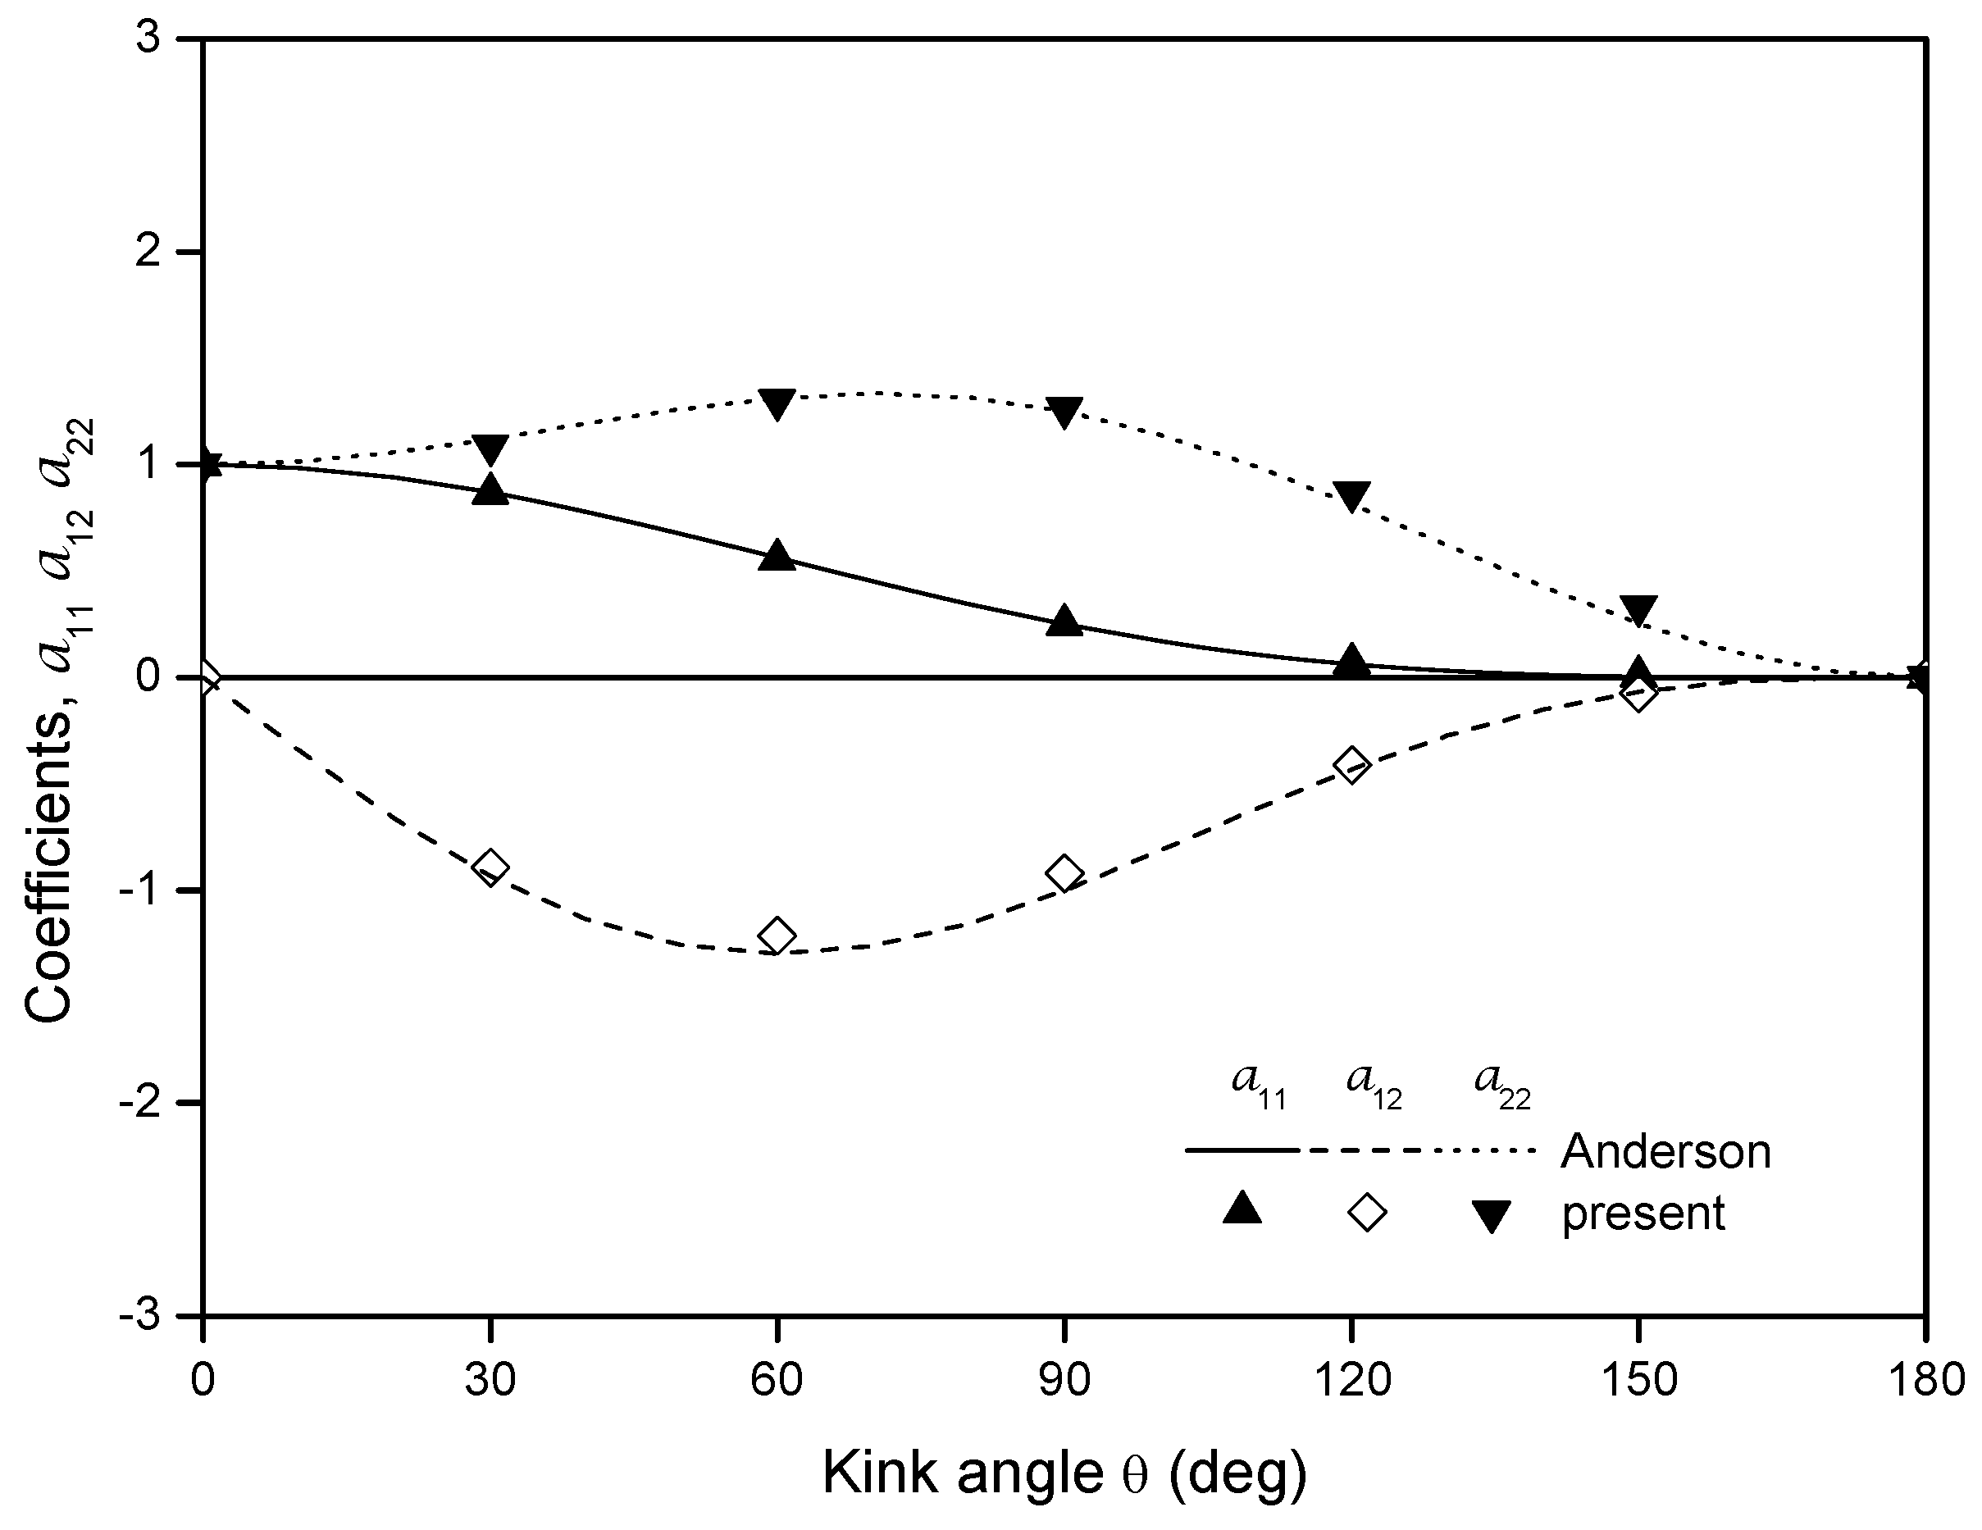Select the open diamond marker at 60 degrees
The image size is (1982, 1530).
(x=777, y=935)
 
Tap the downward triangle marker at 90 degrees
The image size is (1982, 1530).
(x=1064, y=411)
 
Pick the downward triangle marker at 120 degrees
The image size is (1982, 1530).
(x=1351, y=495)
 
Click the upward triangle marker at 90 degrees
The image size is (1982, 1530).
(x=1064, y=621)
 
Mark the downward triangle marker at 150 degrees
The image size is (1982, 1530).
(x=1639, y=611)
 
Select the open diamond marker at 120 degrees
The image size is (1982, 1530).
(x=1351, y=764)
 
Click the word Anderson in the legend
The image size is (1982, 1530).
(x=1665, y=1151)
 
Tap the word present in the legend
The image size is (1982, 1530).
(x=1643, y=1214)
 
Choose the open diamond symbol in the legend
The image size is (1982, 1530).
(x=1367, y=1213)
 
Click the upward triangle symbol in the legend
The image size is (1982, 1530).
(x=1242, y=1210)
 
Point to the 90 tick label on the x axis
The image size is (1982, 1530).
(x=1064, y=1380)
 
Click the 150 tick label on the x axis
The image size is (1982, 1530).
(x=1639, y=1380)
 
